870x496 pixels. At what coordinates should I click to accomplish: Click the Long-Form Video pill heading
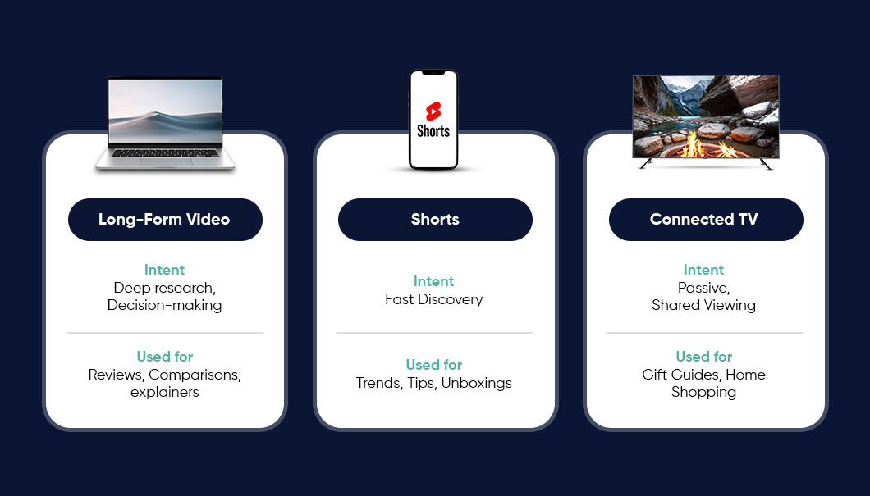(165, 220)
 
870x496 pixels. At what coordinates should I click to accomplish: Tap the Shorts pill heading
(435, 220)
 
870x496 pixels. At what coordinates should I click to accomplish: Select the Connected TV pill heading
(705, 220)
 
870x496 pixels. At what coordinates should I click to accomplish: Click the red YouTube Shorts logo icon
(433, 111)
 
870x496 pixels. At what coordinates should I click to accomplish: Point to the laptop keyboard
(165, 153)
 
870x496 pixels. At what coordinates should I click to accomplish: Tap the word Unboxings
(477, 383)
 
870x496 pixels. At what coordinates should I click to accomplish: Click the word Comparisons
(195, 375)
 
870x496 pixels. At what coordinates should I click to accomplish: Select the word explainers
(165, 393)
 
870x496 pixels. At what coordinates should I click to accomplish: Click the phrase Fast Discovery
(434, 299)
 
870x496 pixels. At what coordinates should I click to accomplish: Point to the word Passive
(703, 289)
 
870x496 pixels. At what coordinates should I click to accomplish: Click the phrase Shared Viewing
(703, 305)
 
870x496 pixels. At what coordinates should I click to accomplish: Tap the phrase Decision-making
(165, 305)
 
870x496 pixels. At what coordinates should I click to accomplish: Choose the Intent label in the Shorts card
(434, 281)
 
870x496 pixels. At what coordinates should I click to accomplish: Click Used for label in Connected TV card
(704, 357)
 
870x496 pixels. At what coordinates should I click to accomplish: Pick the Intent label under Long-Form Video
(165, 270)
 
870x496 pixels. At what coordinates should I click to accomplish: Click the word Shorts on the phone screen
(433, 131)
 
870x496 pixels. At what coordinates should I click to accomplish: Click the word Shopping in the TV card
(703, 393)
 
